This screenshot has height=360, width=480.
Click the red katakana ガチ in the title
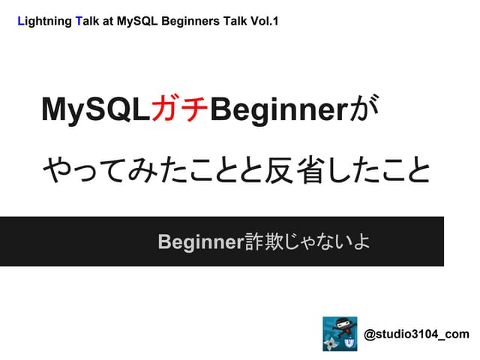click(x=181, y=111)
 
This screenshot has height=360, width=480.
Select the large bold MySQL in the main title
click(x=95, y=111)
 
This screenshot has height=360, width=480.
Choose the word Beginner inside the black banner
click(x=201, y=241)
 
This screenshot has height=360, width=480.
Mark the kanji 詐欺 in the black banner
click(x=261, y=241)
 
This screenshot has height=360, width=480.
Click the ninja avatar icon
click(x=340, y=334)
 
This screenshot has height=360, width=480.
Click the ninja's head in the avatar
click(x=340, y=325)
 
